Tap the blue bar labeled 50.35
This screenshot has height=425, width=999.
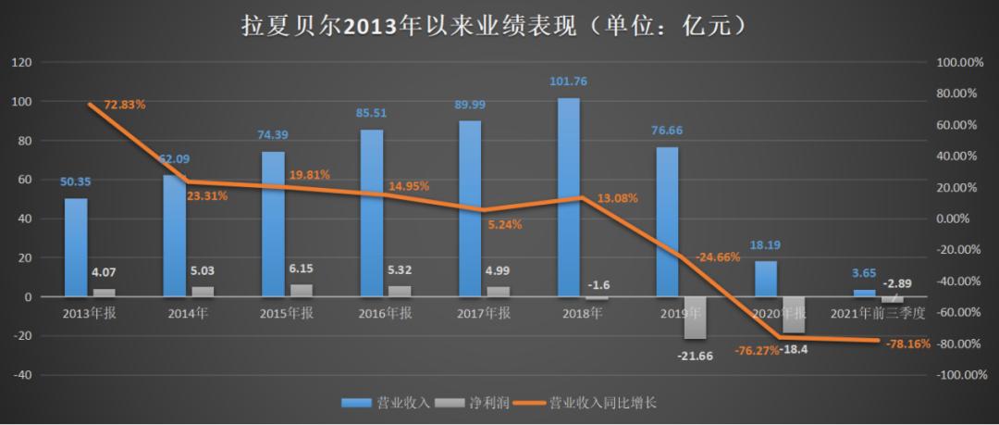[76, 247]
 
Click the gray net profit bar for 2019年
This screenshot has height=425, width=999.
[695, 318]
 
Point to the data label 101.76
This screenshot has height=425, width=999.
[568, 81]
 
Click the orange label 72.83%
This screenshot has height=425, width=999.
[125, 105]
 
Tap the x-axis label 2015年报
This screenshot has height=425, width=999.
[287, 313]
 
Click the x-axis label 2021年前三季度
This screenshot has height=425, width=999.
[878, 313]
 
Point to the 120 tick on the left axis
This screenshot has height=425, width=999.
[21, 62]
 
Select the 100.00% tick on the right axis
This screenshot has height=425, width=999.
[959, 62]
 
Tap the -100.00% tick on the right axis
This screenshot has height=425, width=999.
[957, 376]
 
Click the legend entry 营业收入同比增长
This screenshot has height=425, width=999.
[603, 403]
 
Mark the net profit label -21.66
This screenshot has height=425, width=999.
[694, 356]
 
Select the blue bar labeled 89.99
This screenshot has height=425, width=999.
[470, 208]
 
